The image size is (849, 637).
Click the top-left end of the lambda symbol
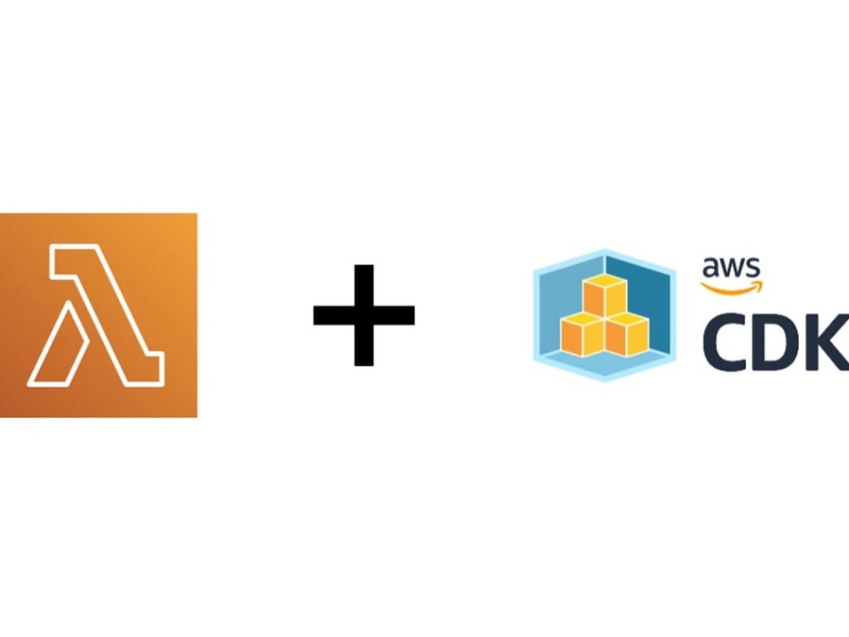point(52,247)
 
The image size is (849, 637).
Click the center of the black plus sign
point(364,315)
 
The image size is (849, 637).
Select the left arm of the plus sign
point(334,315)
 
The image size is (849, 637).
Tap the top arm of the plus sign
point(364,285)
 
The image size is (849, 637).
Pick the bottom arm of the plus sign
point(364,345)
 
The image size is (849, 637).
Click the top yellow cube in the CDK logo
point(604,296)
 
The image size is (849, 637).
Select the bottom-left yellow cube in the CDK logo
point(582,335)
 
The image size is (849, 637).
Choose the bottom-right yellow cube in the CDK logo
point(627,335)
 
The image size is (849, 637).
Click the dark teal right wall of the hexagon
point(644,296)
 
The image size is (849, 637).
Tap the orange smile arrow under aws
point(732,288)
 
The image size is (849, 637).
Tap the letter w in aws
point(733,268)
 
